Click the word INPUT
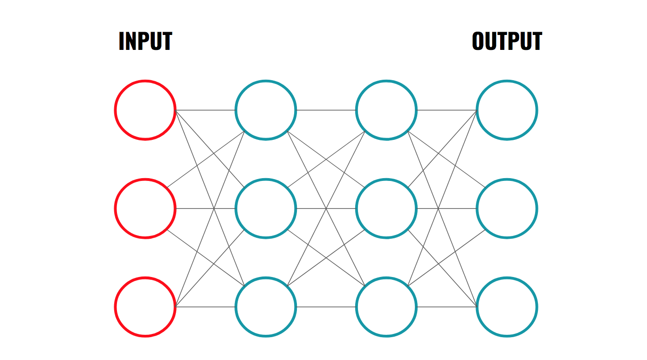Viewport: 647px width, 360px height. click(x=145, y=41)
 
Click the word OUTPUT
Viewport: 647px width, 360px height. click(x=507, y=41)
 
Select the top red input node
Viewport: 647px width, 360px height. click(x=115, y=110)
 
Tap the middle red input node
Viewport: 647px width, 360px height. click(x=115, y=208)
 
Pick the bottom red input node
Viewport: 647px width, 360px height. click(x=115, y=307)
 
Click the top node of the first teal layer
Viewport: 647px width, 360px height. click(x=236, y=110)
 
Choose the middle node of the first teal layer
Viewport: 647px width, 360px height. click(x=236, y=208)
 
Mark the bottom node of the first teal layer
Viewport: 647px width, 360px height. click(x=236, y=307)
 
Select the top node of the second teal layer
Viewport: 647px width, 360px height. click(x=356, y=110)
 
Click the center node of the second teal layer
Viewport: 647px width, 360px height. click(x=356, y=208)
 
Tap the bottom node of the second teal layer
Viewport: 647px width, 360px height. click(x=356, y=307)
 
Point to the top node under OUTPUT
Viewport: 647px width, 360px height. click(x=476, y=110)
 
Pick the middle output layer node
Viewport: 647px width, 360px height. click(x=476, y=208)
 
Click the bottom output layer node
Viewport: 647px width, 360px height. click(x=476, y=307)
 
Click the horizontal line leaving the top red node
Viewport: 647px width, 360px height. click(x=206, y=110)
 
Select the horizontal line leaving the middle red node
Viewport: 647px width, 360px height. click(x=206, y=208)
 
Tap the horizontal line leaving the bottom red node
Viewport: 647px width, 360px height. click(x=206, y=307)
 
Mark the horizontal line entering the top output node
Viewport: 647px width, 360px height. click(x=447, y=110)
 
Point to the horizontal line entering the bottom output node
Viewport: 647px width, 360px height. click(x=447, y=307)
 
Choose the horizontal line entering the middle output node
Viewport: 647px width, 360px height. click(x=447, y=208)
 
